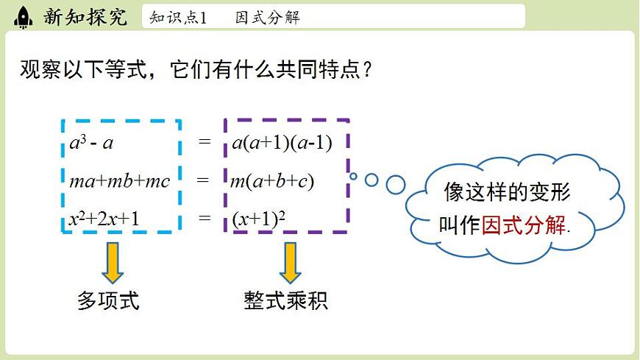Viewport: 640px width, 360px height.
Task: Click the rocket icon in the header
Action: click(x=23, y=16)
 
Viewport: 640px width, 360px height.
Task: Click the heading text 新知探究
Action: click(x=85, y=16)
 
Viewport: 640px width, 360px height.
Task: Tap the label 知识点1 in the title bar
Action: click(x=178, y=17)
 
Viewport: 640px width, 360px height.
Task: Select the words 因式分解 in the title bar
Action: click(x=267, y=17)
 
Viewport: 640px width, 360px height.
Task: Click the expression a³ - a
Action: click(x=91, y=143)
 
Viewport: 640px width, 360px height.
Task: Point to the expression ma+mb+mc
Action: click(x=119, y=180)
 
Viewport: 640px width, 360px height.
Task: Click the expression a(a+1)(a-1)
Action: click(x=282, y=143)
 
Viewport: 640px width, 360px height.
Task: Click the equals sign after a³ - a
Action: click(x=205, y=141)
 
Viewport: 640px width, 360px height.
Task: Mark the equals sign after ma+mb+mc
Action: click(x=205, y=180)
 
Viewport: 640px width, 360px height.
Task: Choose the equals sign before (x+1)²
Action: click(x=205, y=218)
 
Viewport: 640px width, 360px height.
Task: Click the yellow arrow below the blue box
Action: click(x=113, y=262)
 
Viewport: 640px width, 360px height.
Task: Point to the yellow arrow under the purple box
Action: click(x=290, y=262)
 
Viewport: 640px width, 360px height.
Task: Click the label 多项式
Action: click(x=108, y=300)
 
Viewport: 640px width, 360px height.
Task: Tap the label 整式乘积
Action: click(x=286, y=300)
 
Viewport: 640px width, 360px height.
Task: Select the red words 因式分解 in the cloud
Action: click(x=525, y=225)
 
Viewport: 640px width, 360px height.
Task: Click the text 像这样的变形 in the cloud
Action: click(x=508, y=193)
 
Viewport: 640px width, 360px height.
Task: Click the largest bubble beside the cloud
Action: click(x=396, y=183)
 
